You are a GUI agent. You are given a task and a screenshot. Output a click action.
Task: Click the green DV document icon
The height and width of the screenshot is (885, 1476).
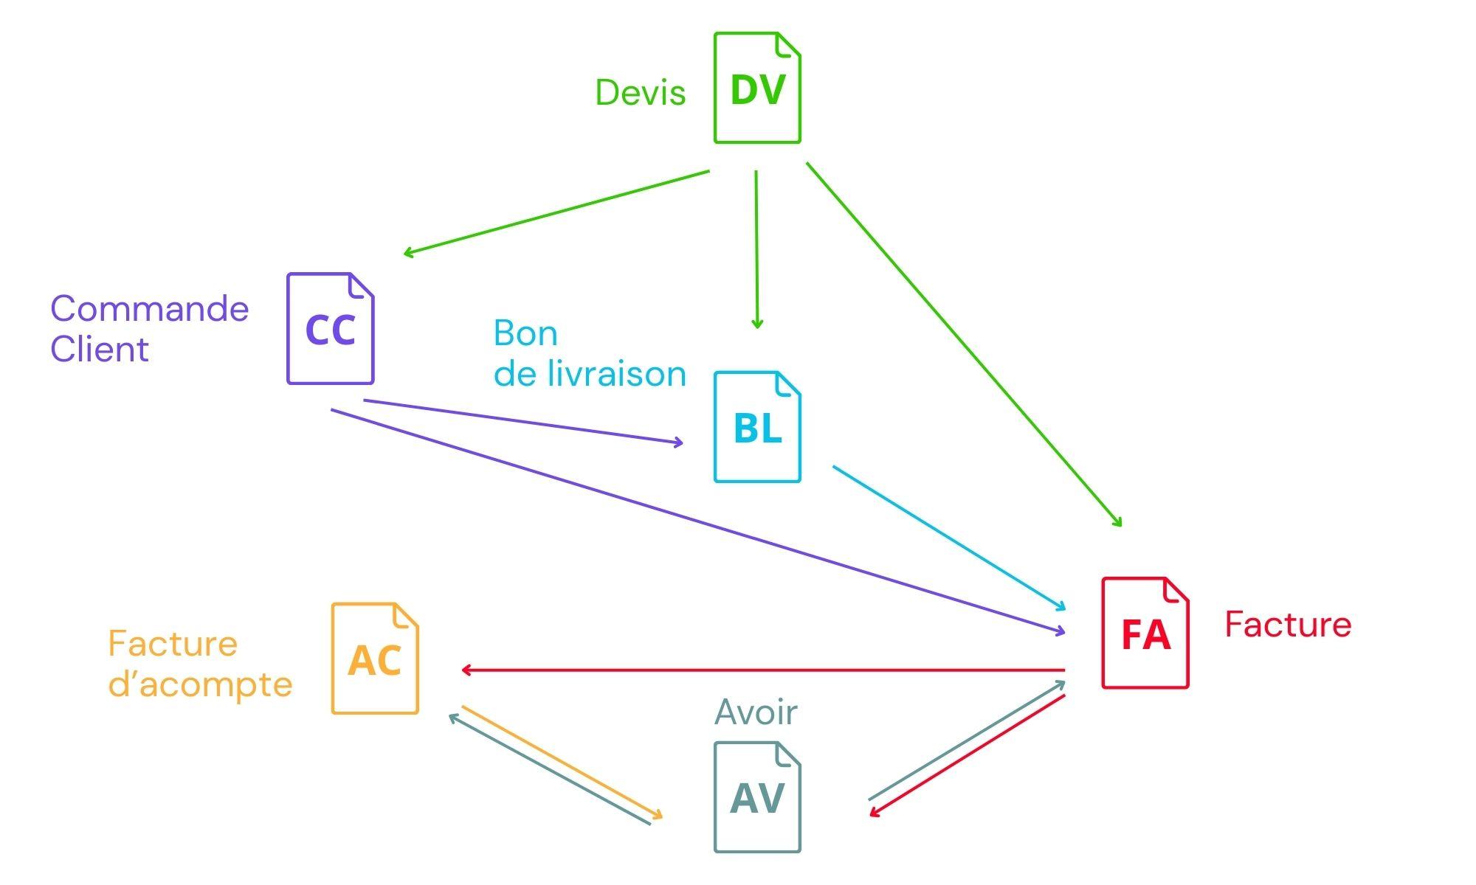(x=757, y=88)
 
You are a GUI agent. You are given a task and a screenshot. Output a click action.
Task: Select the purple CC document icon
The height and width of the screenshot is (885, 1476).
(x=330, y=328)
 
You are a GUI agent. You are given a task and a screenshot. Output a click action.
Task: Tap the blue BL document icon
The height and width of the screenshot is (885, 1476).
(x=757, y=427)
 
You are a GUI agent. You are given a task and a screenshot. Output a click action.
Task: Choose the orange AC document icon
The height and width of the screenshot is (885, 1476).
(x=375, y=659)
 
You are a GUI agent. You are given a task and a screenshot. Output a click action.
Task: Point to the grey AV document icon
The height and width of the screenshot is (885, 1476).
(x=757, y=797)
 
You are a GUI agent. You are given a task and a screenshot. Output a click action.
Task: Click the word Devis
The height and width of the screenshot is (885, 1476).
(x=640, y=93)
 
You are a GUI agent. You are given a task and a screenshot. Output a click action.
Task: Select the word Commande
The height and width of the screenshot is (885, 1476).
(x=149, y=308)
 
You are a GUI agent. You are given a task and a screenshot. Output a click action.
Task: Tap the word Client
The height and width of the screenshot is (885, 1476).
(x=99, y=349)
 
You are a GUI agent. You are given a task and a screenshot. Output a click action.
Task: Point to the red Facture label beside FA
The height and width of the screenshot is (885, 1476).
(x=1288, y=625)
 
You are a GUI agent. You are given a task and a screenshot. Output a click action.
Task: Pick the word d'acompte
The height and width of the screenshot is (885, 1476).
(x=200, y=684)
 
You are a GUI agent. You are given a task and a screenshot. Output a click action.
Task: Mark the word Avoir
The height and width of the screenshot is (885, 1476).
(x=756, y=712)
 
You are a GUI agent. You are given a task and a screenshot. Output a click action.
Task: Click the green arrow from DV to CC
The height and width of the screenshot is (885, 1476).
(x=556, y=213)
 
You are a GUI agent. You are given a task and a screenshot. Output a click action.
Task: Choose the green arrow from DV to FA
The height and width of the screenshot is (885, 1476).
(x=963, y=343)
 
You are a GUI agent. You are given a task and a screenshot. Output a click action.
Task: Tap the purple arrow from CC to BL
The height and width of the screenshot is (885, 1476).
(x=523, y=422)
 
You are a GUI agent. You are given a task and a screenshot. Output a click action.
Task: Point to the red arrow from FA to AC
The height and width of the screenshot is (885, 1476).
(x=762, y=670)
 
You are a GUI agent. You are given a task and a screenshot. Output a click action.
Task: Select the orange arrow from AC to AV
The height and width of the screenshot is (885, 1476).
(x=561, y=763)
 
